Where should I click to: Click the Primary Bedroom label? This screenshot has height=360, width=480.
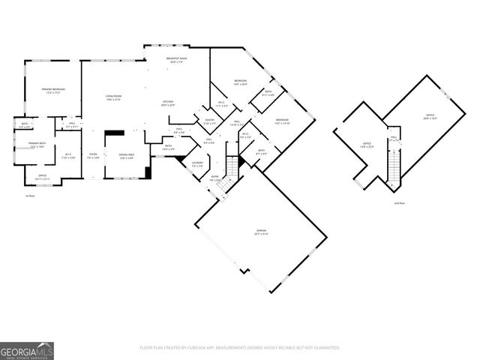[53, 91]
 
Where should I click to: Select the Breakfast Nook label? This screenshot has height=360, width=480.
[178, 60]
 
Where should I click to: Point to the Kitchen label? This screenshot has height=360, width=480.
[169, 103]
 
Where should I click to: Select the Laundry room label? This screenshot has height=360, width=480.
[197, 164]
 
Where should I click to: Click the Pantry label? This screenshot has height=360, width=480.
[209, 121]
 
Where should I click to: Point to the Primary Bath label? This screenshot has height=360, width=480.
[37, 145]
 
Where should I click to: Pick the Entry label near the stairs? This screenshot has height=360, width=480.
[214, 178]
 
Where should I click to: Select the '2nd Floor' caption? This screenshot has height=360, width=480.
[399, 202]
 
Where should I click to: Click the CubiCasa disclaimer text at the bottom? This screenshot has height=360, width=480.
[240, 347]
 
